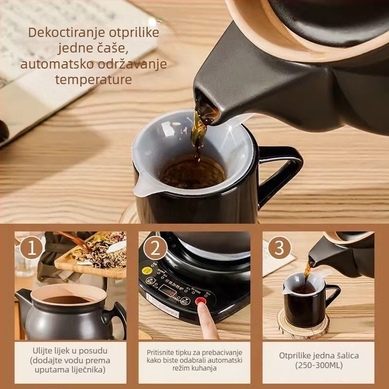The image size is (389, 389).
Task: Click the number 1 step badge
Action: (32, 248)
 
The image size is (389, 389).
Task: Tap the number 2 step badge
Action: (155, 248)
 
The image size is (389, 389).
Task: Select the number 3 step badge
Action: (279, 248)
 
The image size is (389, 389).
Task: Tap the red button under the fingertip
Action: (200, 301)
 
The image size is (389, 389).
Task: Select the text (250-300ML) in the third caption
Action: (318, 365)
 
